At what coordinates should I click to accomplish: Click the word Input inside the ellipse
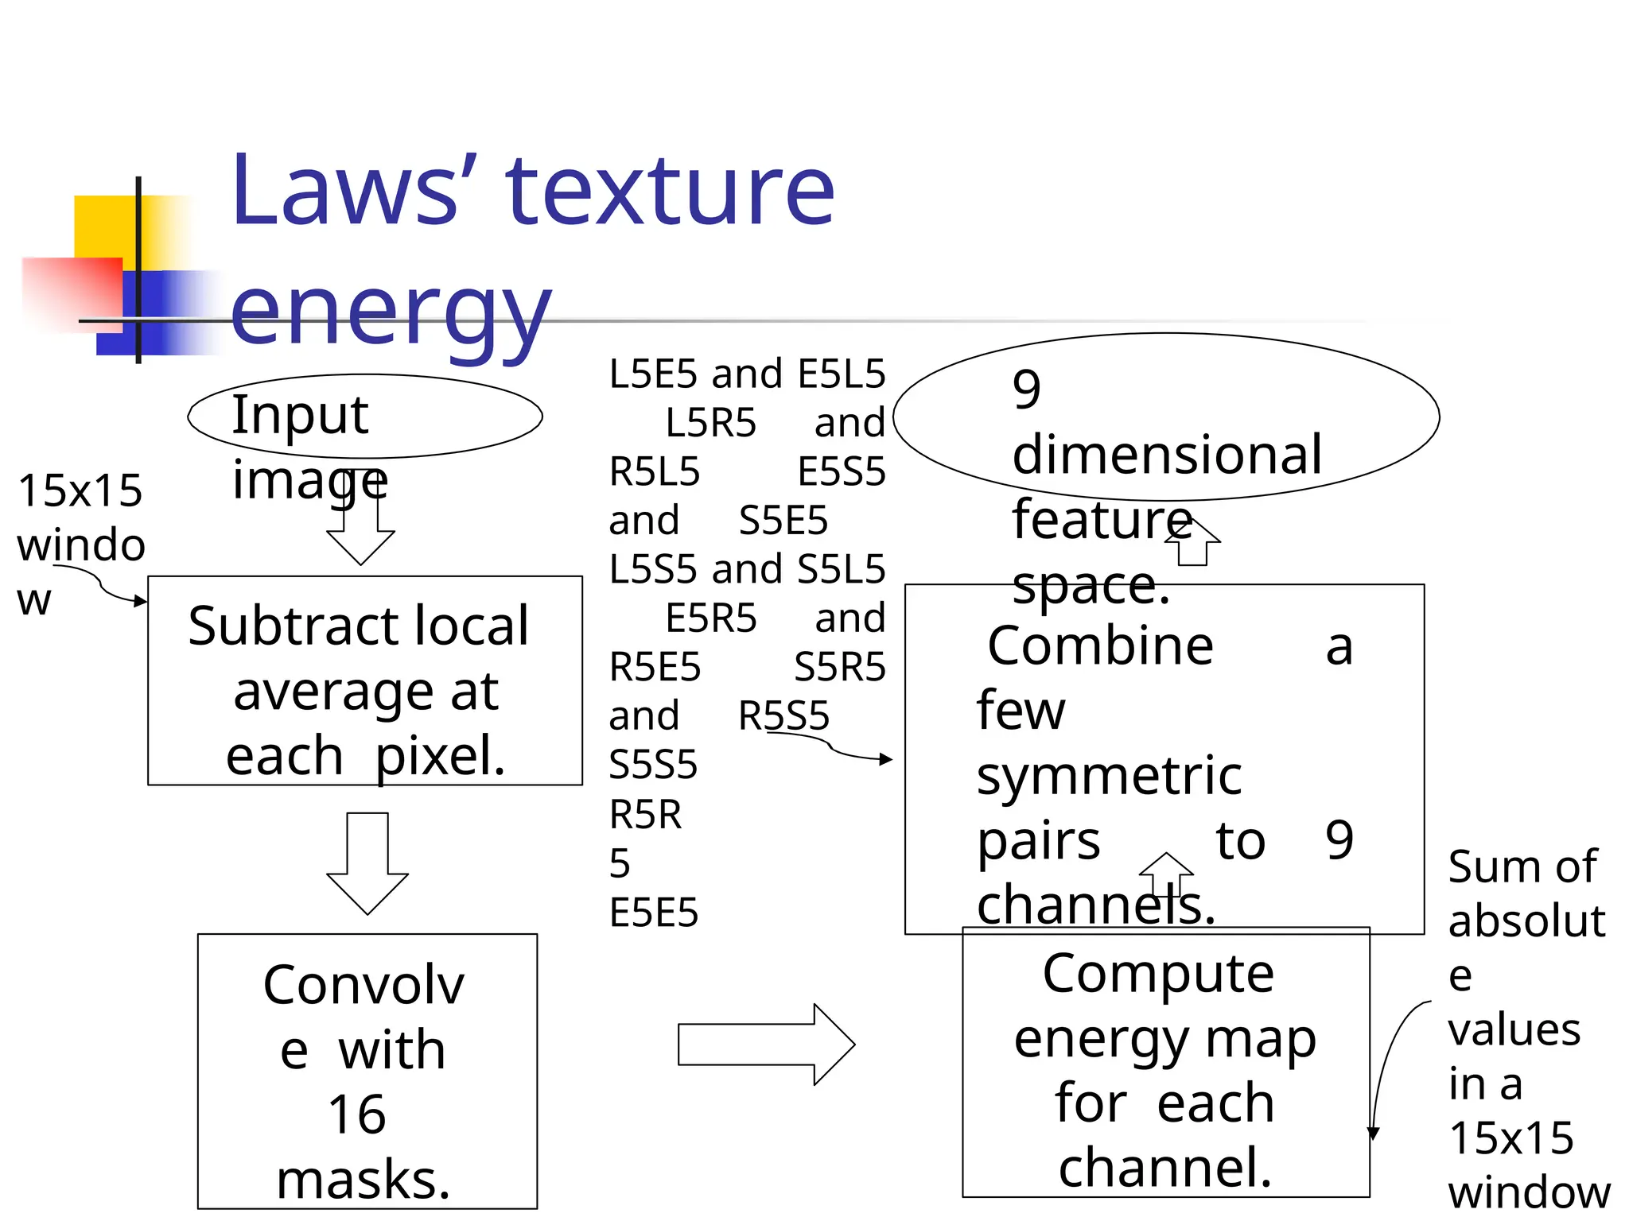point(300,415)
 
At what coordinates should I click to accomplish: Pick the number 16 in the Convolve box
point(357,1114)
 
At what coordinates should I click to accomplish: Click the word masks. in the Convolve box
point(364,1180)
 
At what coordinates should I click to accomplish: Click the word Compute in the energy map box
point(1158,973)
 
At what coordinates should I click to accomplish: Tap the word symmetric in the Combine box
point(1109,776)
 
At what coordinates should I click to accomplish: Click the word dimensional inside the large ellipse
point(1167,455)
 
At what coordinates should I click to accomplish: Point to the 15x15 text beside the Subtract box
point(80,490)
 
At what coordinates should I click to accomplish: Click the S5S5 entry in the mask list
point(653,765)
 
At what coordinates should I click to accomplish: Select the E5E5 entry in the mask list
point(653,913)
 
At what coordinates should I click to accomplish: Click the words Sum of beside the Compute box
point(1522,866)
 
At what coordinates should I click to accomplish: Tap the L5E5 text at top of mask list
point(653,374)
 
